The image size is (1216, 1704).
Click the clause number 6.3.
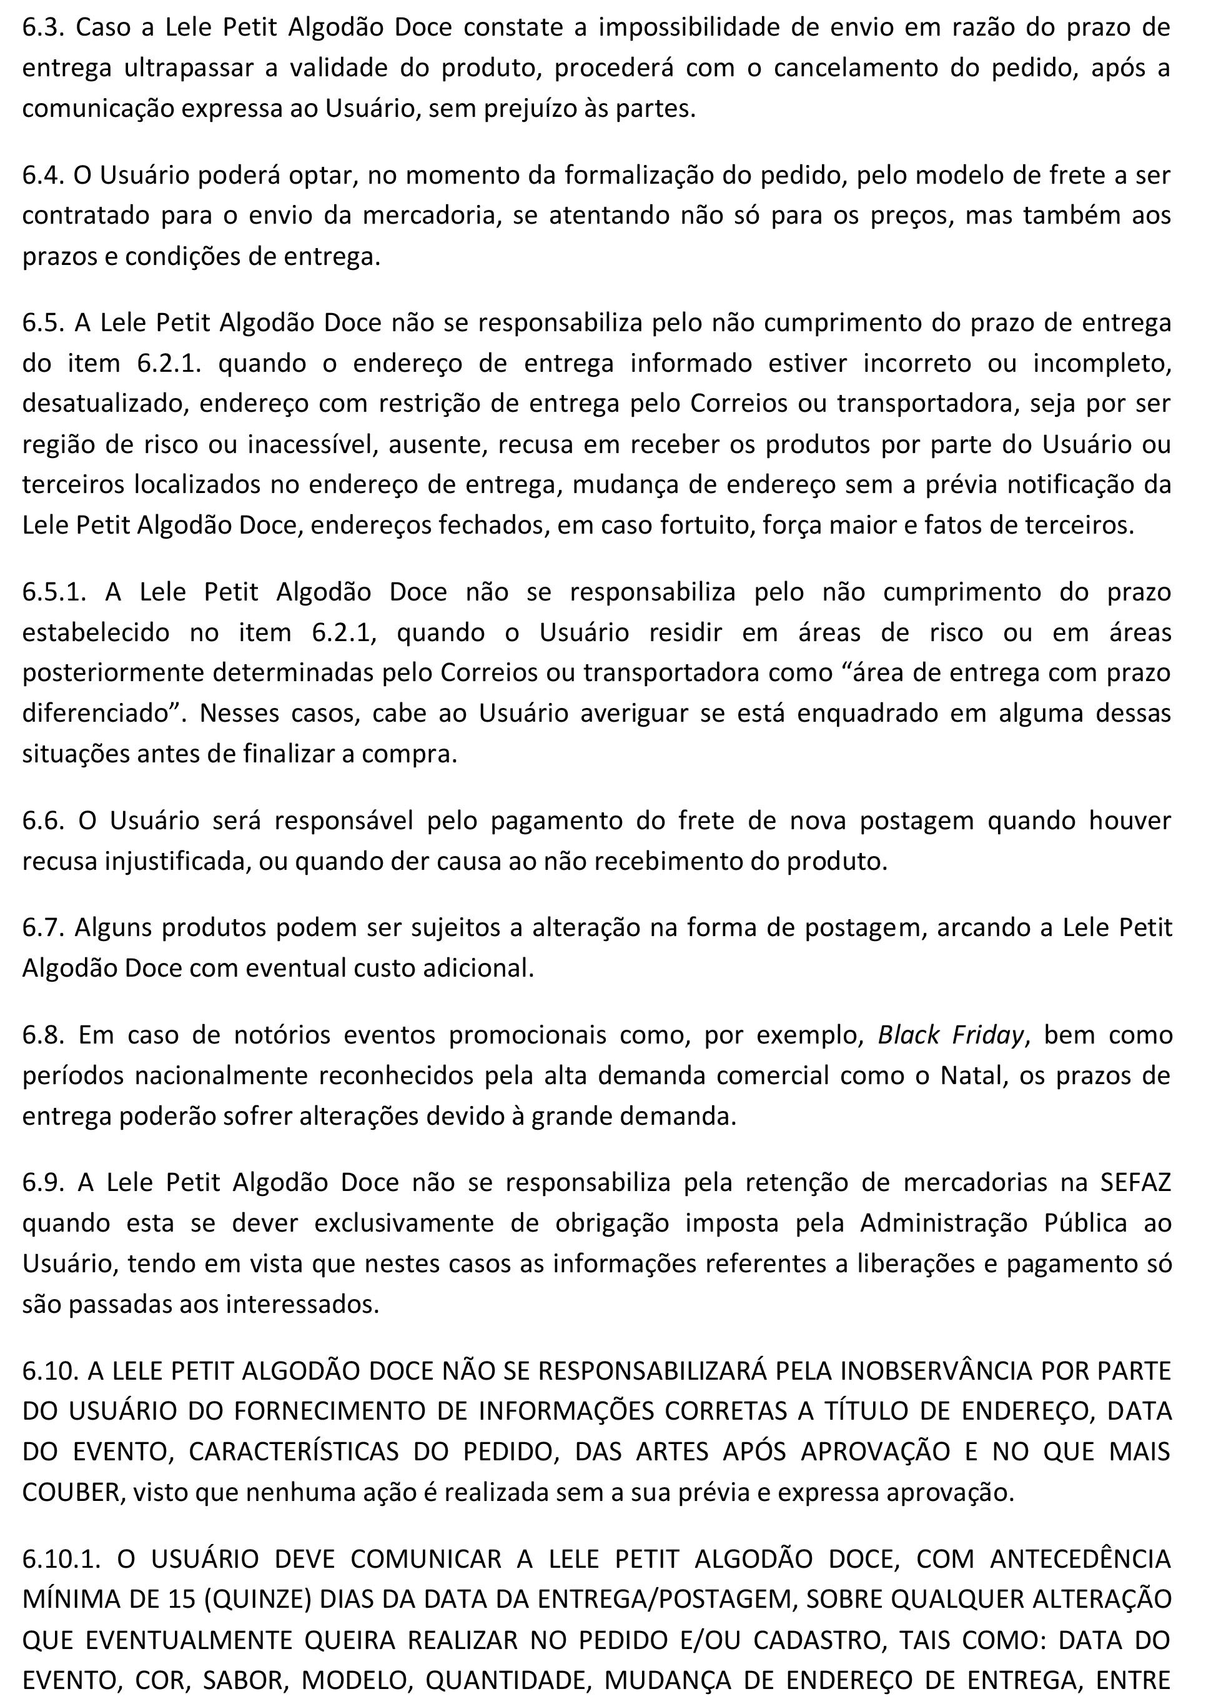point(44,27)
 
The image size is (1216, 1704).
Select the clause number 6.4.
point(44,175)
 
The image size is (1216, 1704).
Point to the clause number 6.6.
point(44,821)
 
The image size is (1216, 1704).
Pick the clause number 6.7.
point(44,927)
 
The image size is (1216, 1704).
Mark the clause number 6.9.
point(44,1182)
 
